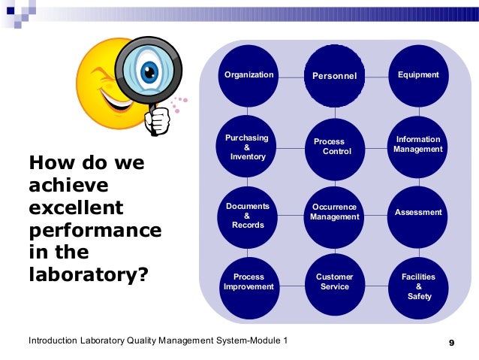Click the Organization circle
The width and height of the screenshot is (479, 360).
pos(249,75)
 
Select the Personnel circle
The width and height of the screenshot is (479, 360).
pos(334,75)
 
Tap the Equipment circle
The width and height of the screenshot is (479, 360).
pos(418,75)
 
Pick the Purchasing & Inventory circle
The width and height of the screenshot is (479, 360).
pos(249,147)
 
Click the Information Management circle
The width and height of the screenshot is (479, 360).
pos(418,144)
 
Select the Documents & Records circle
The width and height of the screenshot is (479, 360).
pos(249,215)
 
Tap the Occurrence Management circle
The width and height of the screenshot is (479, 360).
pos(334,213)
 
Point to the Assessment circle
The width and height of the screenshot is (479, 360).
pos(418,213)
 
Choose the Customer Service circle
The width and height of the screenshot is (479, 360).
pos(334,283)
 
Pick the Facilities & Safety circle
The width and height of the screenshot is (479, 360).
pos(418,286)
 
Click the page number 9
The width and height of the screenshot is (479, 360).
pos(451,343)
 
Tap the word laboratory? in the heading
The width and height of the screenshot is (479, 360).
pos(87,274)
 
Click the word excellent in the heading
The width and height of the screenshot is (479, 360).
pos(75,207)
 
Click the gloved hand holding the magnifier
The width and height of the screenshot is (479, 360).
pos(158,119)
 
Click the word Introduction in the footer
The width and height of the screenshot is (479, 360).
pos(56,342)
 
